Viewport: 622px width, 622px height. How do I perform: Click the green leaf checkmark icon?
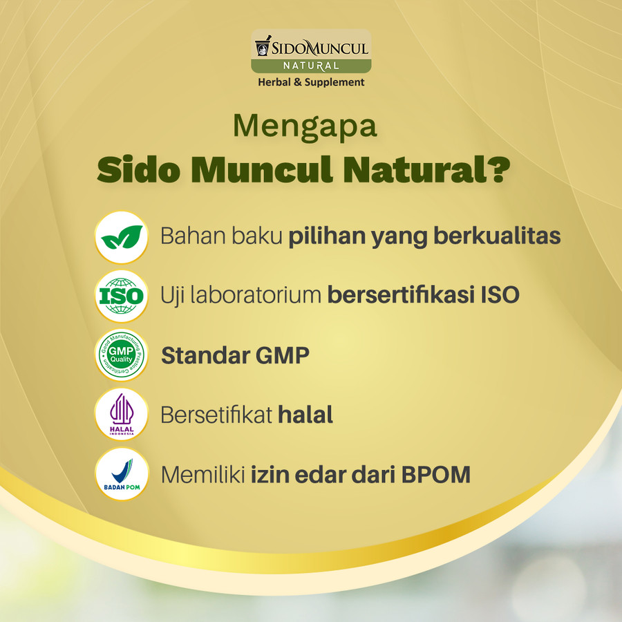point(122,237)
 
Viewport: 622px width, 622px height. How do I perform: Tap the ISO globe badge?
point(122,296)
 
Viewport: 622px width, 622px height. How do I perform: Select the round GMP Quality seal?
point(122,355)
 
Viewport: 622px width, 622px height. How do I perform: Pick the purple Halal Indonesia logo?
point(122,414)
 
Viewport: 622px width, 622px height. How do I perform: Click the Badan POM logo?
point(122,473)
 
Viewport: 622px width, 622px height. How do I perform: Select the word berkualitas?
point(497,236)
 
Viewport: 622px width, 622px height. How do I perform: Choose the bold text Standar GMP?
point(235,355)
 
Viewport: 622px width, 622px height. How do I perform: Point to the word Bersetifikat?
point(216,415)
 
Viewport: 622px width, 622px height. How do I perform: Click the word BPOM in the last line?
point(436,474)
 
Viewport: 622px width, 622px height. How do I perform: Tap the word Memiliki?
point(202,474)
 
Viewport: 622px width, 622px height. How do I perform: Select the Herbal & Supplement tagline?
point(311,82)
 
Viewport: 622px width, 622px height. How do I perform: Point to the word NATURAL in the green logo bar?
point(311,66)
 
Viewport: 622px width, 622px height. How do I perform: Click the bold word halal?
point(305,415)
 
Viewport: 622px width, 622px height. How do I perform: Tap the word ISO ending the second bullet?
point(500,295)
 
